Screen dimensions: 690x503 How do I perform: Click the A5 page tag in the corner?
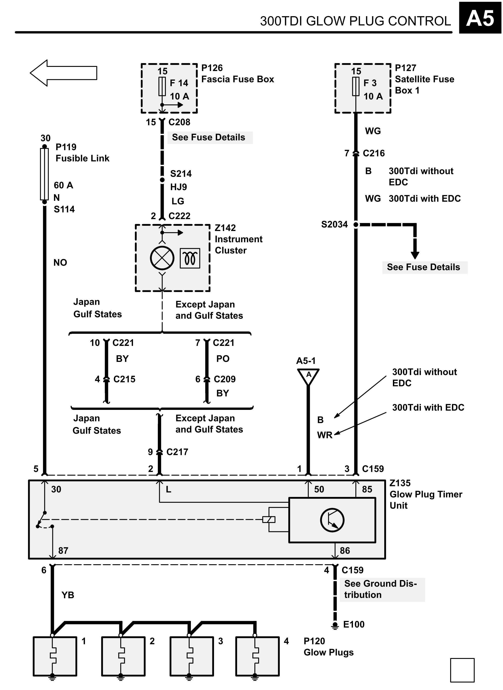(480, 18)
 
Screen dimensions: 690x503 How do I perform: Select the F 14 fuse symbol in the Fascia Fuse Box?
(162, 86)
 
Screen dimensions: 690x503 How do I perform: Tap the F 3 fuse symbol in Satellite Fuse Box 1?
(356, 86)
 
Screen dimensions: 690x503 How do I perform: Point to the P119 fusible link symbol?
(44, 174)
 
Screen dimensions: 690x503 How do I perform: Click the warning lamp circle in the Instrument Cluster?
(162, 258)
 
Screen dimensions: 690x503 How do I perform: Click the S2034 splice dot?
(356, 225)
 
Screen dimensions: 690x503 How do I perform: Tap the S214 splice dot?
(162, 180)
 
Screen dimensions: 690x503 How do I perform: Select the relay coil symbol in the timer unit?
(269, 520)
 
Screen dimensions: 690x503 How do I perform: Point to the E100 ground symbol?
(335, 625)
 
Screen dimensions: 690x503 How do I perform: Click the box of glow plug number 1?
(55, 656)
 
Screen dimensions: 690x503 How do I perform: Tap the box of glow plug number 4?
(257, 656)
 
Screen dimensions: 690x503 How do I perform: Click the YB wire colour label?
(68, 595)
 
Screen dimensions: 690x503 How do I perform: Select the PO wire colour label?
(223, 359)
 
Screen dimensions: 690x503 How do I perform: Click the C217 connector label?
(177, 452)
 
